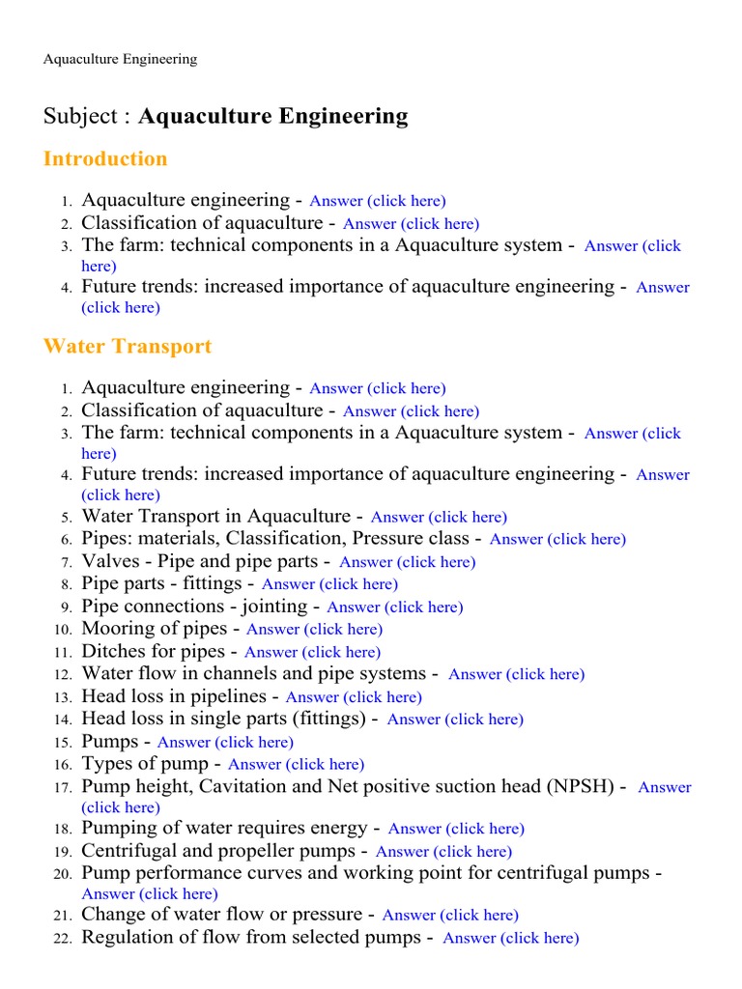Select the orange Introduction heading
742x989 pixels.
point(105,159)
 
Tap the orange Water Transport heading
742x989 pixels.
point(128,347)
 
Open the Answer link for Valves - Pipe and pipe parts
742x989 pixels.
point(407,562)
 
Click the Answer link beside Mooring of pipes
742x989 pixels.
point(314,630)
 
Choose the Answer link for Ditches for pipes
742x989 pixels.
point(312,653)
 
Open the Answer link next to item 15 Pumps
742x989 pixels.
point(225,743)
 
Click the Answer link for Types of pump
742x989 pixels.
point(296,765)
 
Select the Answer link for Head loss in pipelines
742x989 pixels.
point(354,697)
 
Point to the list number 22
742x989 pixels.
point(62,939)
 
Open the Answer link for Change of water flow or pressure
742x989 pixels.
point(450,916)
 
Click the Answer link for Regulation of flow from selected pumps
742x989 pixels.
point(510,939)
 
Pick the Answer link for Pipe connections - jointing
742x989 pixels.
point(394,608)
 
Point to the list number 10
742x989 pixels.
point(62,630)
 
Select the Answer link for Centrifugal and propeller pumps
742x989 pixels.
point(443,852)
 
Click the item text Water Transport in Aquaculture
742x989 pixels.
point(215,517)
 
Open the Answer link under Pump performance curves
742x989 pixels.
point(150,894)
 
